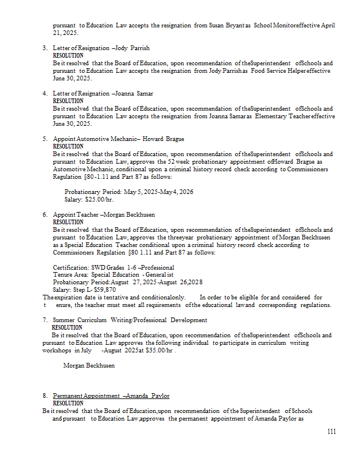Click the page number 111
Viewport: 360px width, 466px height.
pyautogui.click(x=331, y=432)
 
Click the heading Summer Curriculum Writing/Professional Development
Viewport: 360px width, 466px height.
pyautogui.click(x=130, y=320)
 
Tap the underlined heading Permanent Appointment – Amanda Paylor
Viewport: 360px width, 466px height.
pyautogui.click(x=111, y=396)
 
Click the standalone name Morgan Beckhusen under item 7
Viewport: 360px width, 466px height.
pyautogui.click(x=89, y=366)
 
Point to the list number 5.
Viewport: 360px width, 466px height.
pyautogui.click(x=45, y=139)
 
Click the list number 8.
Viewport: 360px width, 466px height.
pyautogui.click(x=45, y=396)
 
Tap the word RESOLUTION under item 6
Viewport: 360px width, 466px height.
pyautogui.click(x=68, y=222)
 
